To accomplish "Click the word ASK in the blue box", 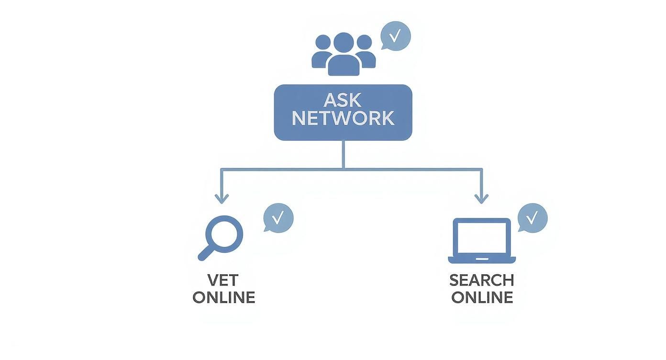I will tap(343, 100).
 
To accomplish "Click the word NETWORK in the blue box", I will tap(343, 118).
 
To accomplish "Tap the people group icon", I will tap(343, 54).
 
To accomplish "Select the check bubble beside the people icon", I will tap(396, 36).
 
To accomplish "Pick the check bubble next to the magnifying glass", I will tap(278, 218).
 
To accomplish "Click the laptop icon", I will tap(482, 241).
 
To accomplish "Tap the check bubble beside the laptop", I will tap(533, 218).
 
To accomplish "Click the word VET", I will tap(223, 280).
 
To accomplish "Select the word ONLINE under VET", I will tap(223, 297).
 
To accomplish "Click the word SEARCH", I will tap(482, 280).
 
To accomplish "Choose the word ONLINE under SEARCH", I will tap(482, 297).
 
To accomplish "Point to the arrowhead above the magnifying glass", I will tap(221, 198).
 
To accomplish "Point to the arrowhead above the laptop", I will tap(481, 198).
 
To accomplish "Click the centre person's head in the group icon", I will tap(344, 42).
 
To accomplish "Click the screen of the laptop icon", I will tap(482, 237).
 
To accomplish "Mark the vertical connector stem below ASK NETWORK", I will tap(343, 154).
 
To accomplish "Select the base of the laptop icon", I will tap(482, 260).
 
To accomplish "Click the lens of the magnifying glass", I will tap(224, 234).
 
